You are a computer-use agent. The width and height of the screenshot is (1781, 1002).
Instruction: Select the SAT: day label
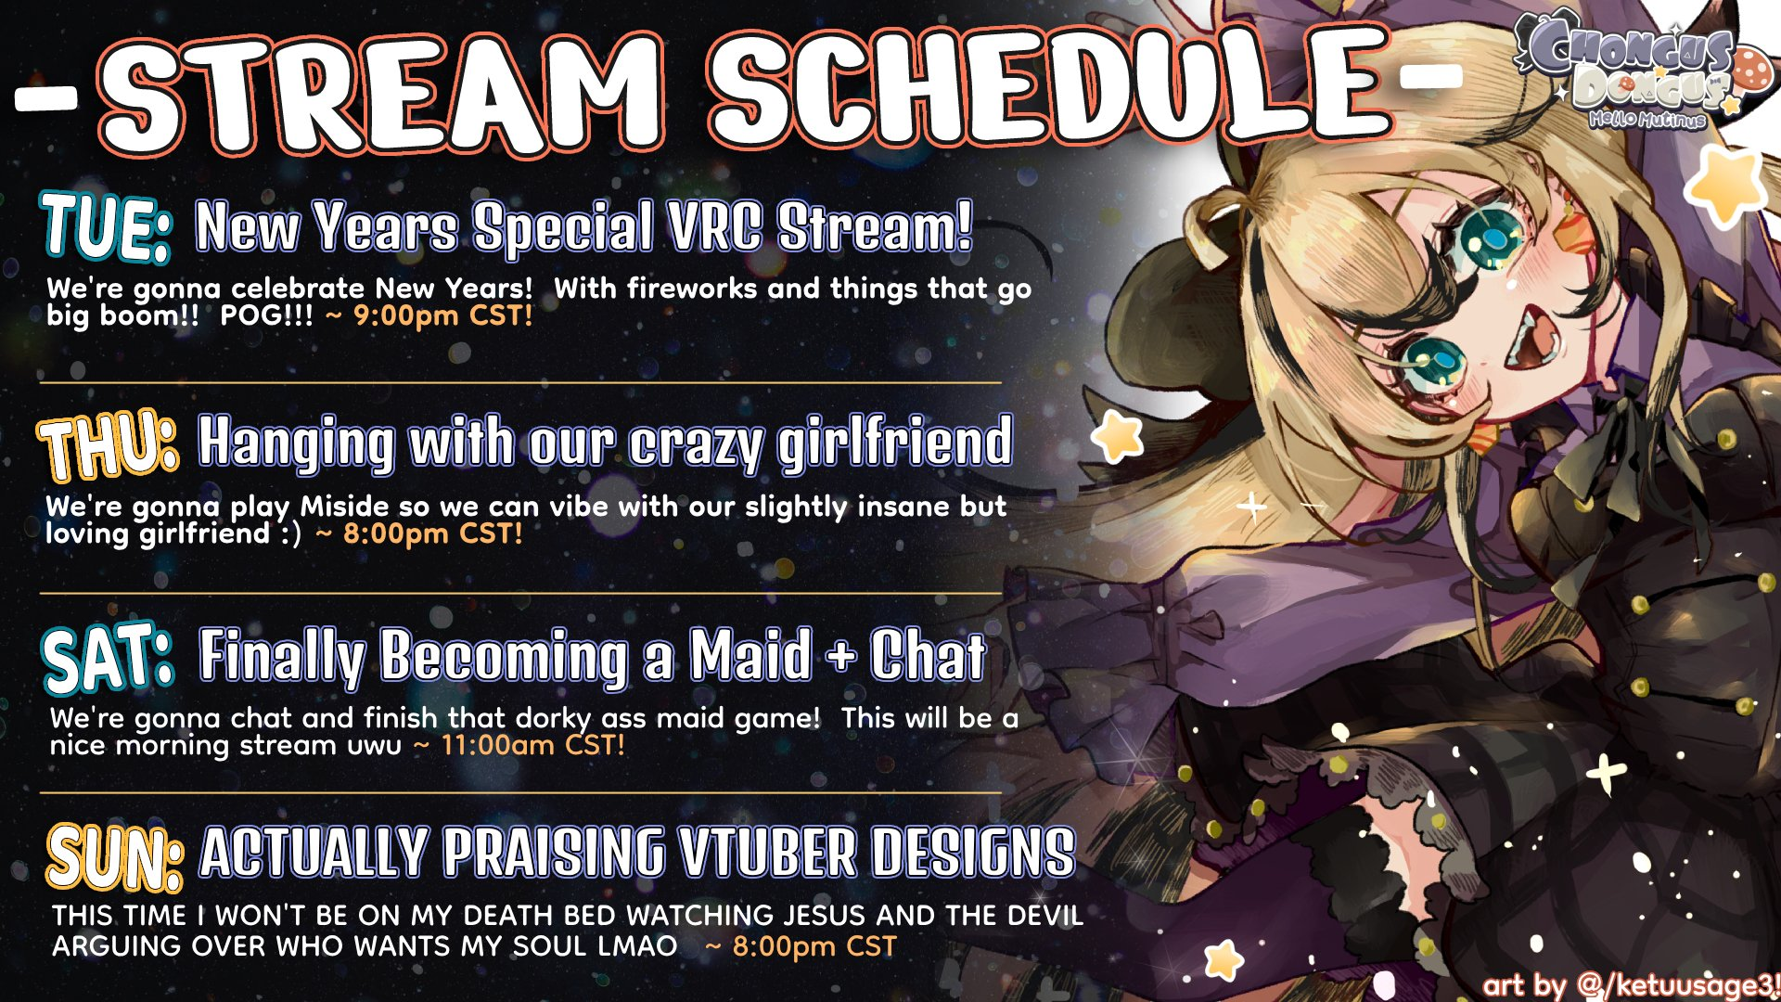(x=109, y=658)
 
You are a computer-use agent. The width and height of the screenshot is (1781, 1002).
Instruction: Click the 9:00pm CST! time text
(x=443, y=315)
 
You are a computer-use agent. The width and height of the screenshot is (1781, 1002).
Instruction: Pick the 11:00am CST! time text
(x=532, y=745)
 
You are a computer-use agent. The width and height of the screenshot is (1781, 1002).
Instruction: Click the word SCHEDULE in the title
(x=1051, y=91)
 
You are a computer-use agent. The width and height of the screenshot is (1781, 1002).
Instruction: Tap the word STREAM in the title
(x=382, y=96)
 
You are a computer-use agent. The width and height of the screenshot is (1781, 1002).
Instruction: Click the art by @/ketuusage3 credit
(x=1629, y=984)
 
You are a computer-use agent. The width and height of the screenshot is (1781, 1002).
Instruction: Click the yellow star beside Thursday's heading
(x=1117, y=437)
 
